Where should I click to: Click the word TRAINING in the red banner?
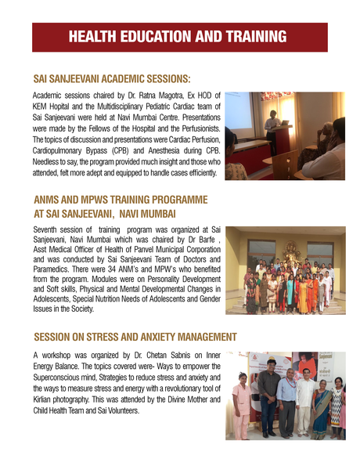coord(251,37)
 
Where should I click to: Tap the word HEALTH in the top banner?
coord(92,37)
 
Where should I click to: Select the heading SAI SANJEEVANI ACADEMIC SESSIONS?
coord(112,79)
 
